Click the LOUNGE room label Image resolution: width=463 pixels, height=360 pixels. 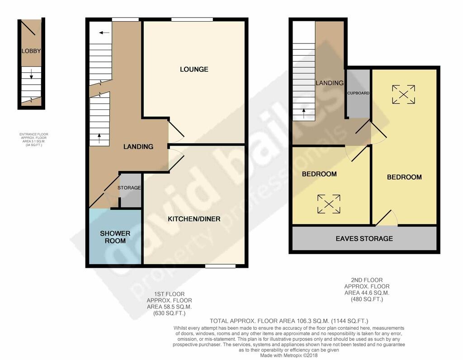pyautogui.click(x=194, y=69)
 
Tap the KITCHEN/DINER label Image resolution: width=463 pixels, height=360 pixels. pyautogui.click(x=194, y=219)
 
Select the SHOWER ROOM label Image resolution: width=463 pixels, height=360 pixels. pyautogui.click(x=115, y=237)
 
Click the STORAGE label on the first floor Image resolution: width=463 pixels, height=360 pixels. pyautogui.click(x=129, y=188)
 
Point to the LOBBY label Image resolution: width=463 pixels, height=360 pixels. pyautogui.click(x=31, y=51)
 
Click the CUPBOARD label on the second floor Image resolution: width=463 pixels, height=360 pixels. pyautogui.click(x=359, y=93)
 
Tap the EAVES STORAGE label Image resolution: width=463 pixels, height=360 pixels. pyautogui.click(x=364, y=238)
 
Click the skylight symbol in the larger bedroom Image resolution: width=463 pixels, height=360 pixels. pyautogui.click(x=403, y=94)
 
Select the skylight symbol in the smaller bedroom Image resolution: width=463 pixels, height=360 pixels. pyautogui.click(x=329, y=204)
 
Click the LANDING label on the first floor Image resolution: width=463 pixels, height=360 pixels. pyautogui.click(x=138, y=147)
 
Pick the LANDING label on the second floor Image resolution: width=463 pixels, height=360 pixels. pyautogui.click(x=330, y=83)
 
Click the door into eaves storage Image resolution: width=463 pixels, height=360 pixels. pyautogui.click(x=387, y=220)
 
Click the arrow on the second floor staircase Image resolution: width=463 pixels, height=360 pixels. pyautogui.click(x=303, y=110)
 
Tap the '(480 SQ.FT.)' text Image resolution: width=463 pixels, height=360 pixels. pyautogui.click(x=367, y=299)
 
